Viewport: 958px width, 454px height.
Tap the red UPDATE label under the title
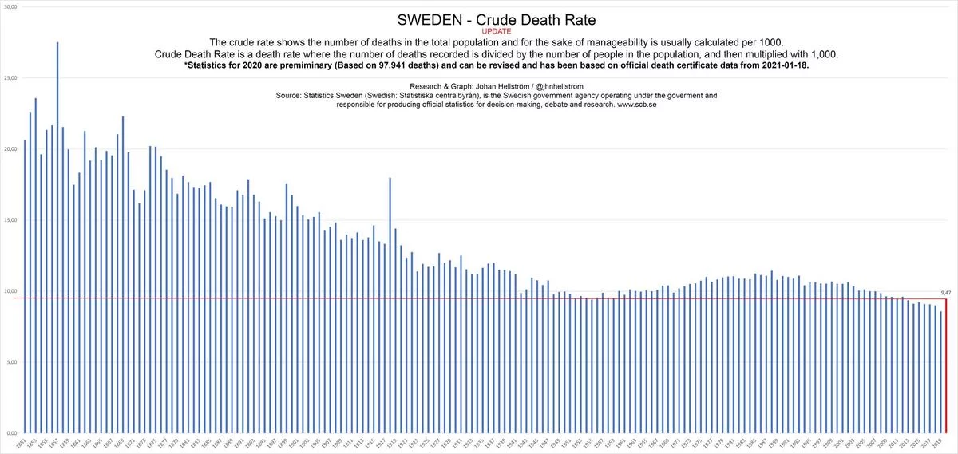pyautogui.click(x=497, y=31)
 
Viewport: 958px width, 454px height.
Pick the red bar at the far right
pyautogui.click(x=946, y=363)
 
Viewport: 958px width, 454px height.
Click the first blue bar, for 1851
pyautogui.click(x=26, y=287)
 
